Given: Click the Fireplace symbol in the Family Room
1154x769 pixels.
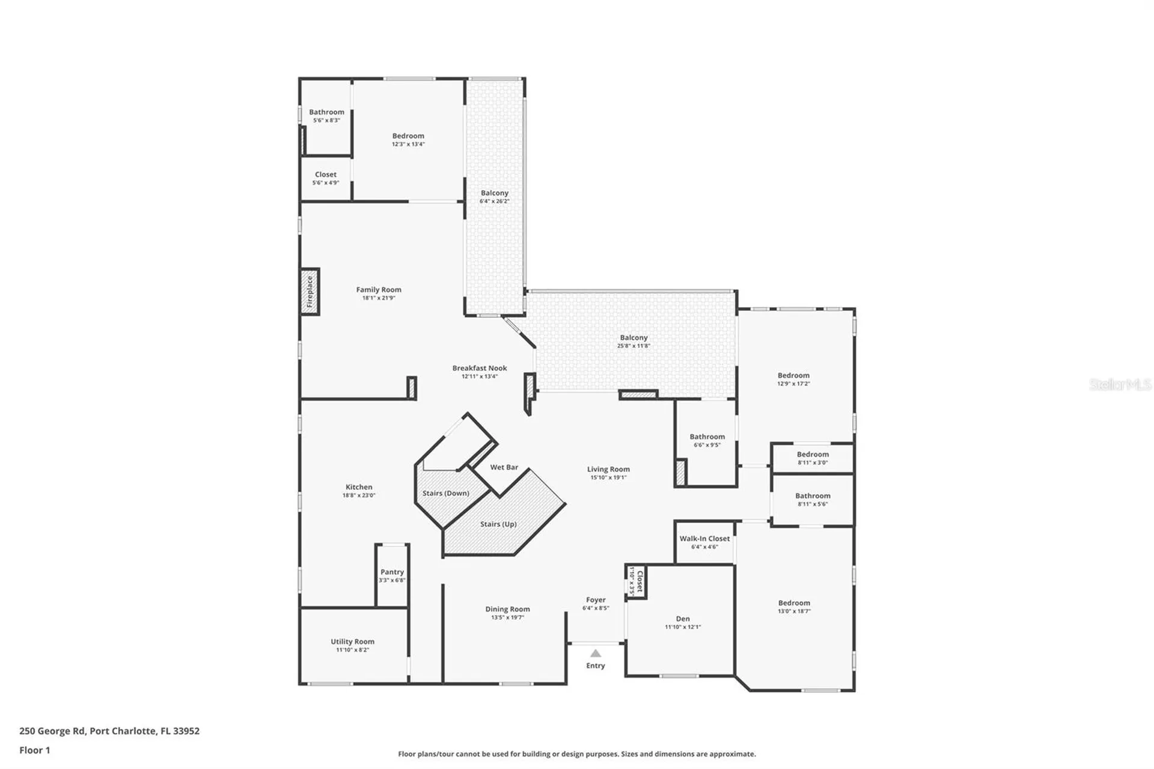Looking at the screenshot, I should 310,292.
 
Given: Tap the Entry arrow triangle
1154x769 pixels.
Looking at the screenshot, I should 595,654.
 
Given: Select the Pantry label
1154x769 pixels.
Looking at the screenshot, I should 392,572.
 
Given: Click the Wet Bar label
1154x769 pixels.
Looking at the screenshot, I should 504,467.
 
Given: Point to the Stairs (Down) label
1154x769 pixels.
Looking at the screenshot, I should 445,493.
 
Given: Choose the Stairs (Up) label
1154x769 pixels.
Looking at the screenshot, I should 498,524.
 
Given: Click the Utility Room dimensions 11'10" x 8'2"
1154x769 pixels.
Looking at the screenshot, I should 352,650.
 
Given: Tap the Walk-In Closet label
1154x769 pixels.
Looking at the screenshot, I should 704,539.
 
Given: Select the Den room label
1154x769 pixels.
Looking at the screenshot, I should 683,619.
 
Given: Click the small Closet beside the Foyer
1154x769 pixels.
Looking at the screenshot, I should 636,581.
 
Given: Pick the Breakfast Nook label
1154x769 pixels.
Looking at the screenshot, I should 480,368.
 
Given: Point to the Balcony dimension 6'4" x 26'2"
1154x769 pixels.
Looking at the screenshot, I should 494,201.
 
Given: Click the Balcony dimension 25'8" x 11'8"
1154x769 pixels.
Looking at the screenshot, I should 633,346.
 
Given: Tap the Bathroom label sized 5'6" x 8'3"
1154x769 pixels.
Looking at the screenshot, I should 326,112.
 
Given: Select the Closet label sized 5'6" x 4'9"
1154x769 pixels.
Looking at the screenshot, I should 326,174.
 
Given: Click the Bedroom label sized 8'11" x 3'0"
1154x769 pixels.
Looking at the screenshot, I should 813,455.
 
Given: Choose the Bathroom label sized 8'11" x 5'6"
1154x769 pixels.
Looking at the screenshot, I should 813,496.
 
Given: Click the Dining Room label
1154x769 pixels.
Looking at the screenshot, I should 507,609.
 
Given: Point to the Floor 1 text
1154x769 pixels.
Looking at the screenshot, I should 35,750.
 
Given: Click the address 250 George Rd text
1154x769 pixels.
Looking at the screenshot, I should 109,731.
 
